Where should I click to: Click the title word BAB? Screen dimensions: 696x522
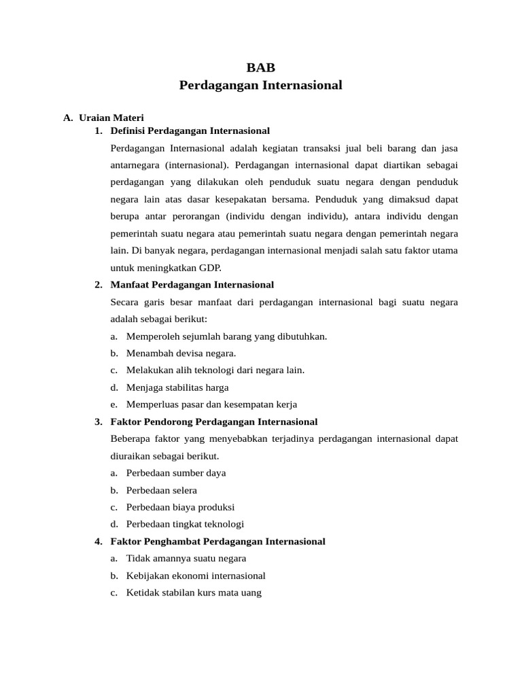[x=260, y=67]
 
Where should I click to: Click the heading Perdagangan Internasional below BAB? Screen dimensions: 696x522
[x=260, y=86]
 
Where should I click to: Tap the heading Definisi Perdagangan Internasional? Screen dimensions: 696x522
[x=190, y=130]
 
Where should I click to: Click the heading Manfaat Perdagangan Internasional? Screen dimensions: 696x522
[x=192, y=285]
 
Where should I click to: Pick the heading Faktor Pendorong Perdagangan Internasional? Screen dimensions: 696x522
[x=213, y=422]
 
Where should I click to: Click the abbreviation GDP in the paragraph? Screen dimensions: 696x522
[x=209, y=268]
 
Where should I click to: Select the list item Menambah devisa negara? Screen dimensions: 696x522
[x=181, y=353]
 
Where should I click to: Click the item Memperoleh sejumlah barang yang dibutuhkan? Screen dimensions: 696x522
[x=226, y=336]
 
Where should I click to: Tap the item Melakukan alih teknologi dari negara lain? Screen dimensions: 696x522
[x=215, y=370]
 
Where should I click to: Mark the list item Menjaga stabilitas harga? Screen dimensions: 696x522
[x=177, y=387]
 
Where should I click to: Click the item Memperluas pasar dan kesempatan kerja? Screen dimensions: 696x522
[x=211, y=404]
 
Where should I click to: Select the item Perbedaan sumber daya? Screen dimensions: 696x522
[x=176, y=473]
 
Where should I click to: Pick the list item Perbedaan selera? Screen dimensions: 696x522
[x=161, y=490]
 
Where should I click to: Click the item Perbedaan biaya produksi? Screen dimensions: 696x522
[x=180, y=507]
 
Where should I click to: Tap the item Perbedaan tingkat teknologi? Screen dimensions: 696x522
[x=185, y=524]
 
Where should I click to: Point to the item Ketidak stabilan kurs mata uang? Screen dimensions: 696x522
[x=194, y=593]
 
